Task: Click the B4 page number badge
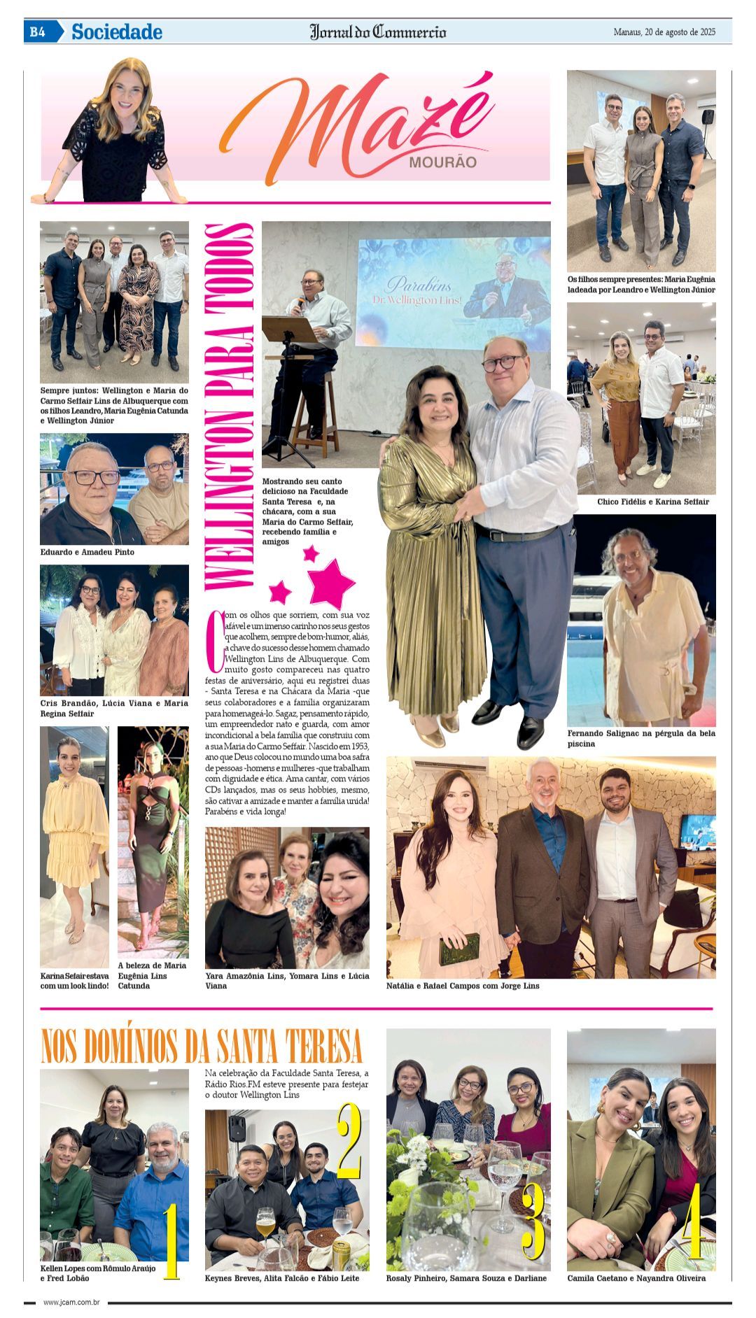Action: point(37,31)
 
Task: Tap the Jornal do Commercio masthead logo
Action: point(378,31)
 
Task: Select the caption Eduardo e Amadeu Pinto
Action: point(87,552)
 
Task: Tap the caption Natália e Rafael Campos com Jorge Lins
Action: point(463,986)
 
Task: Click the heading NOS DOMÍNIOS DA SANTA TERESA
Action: point(202,1047)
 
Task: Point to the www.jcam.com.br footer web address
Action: point(71,1302)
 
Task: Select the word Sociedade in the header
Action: point(116,31)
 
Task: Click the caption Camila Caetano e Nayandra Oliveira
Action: point(636,1278)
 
